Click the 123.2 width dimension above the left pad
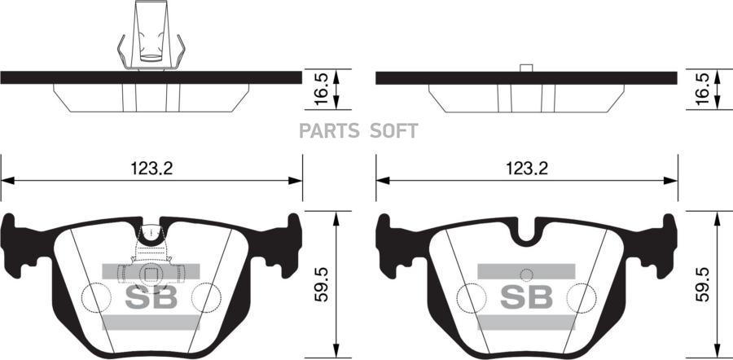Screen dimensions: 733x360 click(x=151, y=169)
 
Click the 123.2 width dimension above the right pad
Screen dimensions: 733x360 click(x=526, y=169)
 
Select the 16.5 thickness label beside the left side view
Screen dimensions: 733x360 click(x=321, y=89)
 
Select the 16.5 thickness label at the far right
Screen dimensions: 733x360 click(x=702, y=89)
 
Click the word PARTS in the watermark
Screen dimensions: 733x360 click(x=329, y=131)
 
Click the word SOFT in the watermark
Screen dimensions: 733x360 click(x=393, y=131)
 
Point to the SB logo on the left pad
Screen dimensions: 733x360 click(x=151, y=296)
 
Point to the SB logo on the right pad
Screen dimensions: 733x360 click(x=526, y=296)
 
